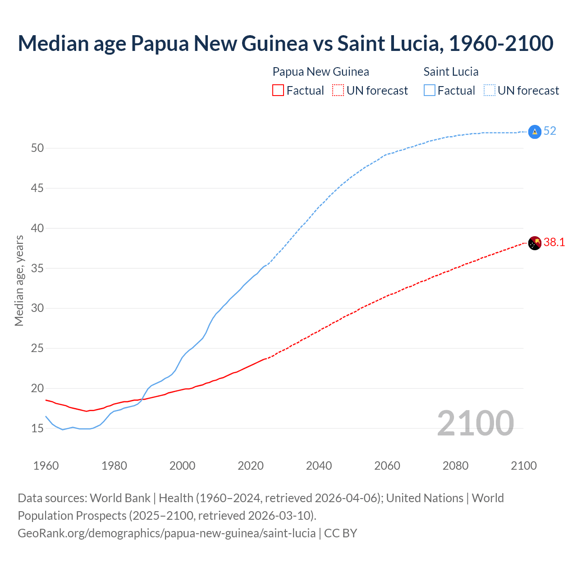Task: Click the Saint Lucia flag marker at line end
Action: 534,132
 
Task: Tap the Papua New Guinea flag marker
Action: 534,243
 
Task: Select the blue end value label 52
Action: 550,131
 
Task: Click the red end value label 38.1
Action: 554,243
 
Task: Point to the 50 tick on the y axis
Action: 37,148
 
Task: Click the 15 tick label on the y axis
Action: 37,428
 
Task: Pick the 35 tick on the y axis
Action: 37,268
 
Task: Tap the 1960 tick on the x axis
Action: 46,466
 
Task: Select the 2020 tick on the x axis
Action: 251,466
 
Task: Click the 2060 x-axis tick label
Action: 387,466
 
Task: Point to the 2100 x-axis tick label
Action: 524,466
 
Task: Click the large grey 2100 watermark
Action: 476,423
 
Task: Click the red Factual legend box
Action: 278,91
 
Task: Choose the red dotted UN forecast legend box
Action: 338,91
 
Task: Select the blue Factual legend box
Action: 430,91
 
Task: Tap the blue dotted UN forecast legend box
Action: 490,91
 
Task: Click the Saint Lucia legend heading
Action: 451,72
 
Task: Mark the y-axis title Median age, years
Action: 19,280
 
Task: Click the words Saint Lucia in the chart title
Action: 388,43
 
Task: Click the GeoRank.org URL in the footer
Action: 167,533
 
